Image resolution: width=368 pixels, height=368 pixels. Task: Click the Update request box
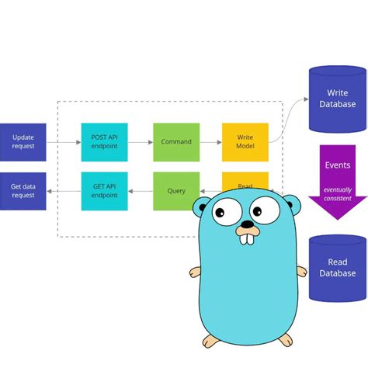[23, 142]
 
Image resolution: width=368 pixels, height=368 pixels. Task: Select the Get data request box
[23, 191]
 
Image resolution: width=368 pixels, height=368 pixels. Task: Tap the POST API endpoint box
[104, 142]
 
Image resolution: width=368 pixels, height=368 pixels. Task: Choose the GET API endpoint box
[104, 191]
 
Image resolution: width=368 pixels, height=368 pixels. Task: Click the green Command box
[176, 142]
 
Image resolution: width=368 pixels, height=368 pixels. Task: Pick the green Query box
[176, 191]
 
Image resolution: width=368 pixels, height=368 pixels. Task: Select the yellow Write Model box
[245, 142]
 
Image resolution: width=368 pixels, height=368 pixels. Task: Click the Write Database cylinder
[338, 99]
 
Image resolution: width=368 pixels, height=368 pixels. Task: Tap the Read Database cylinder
[338, 268]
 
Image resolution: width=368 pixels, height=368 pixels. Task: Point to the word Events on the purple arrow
[337, 165]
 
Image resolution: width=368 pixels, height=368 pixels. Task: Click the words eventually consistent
[337, 194]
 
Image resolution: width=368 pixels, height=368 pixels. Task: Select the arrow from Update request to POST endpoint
[64, 143]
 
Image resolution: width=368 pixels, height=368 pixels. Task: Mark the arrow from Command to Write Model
[210, 143]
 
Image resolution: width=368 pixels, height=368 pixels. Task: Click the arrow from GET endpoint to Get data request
[64, 191]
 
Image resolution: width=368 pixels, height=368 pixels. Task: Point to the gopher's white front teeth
[247, 238]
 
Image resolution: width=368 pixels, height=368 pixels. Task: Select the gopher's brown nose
[246, 226]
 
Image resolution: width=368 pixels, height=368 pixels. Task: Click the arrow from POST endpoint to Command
[140, 143]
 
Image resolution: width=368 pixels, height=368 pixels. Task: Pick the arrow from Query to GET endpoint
[140, 191]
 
